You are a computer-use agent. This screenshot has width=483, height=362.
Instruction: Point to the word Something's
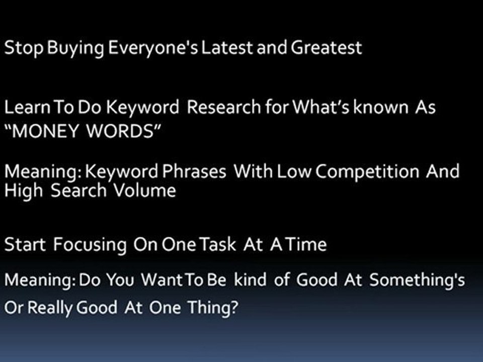pyautogui.click(x=417, y=281)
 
